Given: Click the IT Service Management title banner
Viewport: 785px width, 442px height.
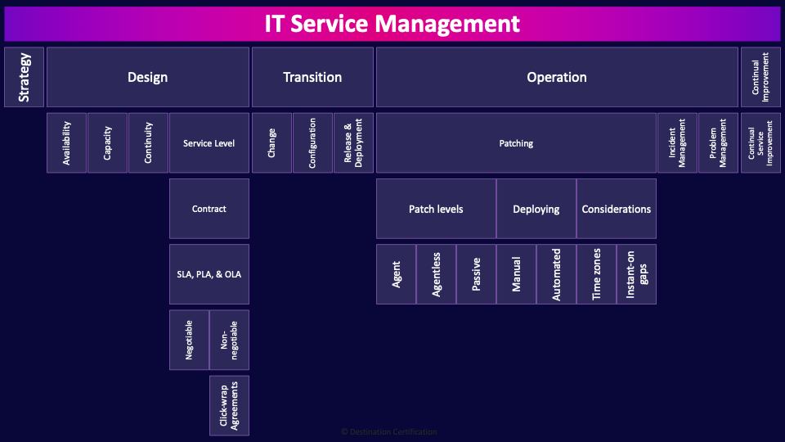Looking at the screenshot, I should tap(392, 24).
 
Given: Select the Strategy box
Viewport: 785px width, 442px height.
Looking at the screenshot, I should tap(25, 77).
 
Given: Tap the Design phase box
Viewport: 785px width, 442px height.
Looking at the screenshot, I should tap(148, 77).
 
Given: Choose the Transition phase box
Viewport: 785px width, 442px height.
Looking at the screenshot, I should tap(312, 77).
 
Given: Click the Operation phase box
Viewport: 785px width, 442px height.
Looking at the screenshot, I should tap(557, 77).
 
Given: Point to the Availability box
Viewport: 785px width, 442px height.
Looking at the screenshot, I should tap(67, 143).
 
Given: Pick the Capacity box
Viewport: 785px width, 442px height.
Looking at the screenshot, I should tap(108, 143).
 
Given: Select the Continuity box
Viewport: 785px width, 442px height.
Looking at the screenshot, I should tap(148, 143).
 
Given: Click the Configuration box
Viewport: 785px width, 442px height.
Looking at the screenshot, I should tap(312, 143).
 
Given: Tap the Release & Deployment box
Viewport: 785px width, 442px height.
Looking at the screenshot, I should tap(353, 143).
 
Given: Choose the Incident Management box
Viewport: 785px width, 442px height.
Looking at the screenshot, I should tap(678, 143).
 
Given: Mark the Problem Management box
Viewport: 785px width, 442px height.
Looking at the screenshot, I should tap(719, 143).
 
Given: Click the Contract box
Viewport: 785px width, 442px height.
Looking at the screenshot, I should tap(209, 209).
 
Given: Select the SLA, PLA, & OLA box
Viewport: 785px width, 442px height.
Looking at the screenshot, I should tap(209, 274).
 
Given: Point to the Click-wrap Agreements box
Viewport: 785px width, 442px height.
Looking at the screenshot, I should tap(229, 406).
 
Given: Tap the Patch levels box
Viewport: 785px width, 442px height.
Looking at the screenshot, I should tap(436, 209).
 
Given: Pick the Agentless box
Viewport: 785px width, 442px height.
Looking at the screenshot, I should tap(437, 274).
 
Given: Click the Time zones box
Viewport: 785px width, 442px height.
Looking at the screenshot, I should tap(597, 274).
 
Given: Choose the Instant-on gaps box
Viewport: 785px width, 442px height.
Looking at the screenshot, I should tap(637, 274).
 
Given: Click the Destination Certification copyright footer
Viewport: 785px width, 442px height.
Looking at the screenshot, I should tap(389, 431).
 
